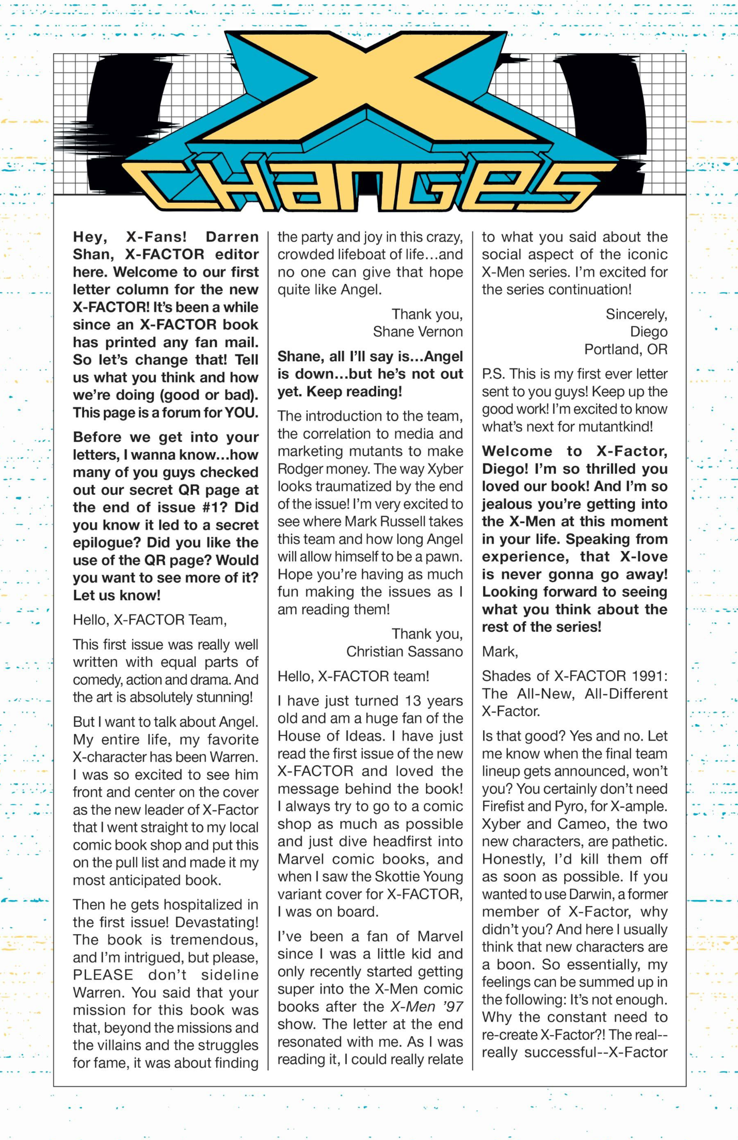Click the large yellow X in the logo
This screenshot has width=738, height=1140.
click(x=368, y=88)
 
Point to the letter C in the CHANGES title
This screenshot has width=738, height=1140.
click(x=165, y=186)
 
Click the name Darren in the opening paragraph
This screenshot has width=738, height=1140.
click(x=232, y=237)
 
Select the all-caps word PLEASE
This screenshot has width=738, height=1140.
click(x=103, y=975)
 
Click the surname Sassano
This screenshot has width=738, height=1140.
click(x=436, y=652)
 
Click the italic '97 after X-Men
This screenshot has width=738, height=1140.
click(x=452, y=1007)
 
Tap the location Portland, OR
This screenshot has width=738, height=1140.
click(x=625, y=349)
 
